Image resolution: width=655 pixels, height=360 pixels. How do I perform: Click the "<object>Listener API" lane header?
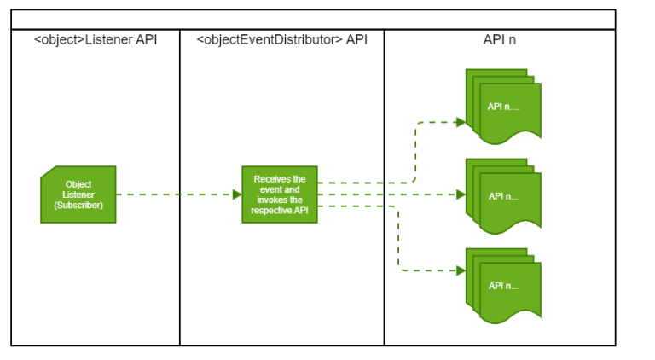(96, 40)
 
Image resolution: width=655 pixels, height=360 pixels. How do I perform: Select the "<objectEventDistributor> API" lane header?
(281, 40)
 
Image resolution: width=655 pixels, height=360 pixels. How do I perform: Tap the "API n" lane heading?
(500, 40)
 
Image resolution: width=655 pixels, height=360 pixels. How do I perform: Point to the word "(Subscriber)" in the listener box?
(78, 206)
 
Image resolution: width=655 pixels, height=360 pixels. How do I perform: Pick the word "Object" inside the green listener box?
(78, 183)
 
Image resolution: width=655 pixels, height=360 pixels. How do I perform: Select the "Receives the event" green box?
(279, 195)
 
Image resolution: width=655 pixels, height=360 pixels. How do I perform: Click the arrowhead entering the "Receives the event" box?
(237, 195)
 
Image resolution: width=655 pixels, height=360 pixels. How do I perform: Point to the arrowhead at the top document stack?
(461, 122)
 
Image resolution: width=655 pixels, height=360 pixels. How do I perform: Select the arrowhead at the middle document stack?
(461, 195)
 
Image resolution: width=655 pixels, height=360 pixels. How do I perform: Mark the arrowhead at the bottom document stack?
(461, 270)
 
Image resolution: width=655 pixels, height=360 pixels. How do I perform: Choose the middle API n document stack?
(503, 195)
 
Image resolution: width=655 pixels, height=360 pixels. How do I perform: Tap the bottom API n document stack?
(503, 285)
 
